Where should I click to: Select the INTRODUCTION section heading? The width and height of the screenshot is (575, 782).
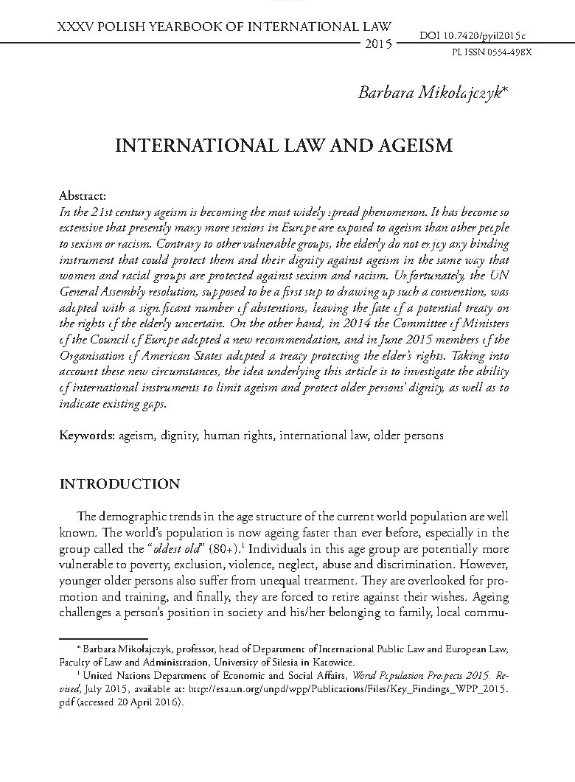coord(119,484)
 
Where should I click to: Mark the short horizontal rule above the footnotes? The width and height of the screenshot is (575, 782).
coord(104,638)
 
